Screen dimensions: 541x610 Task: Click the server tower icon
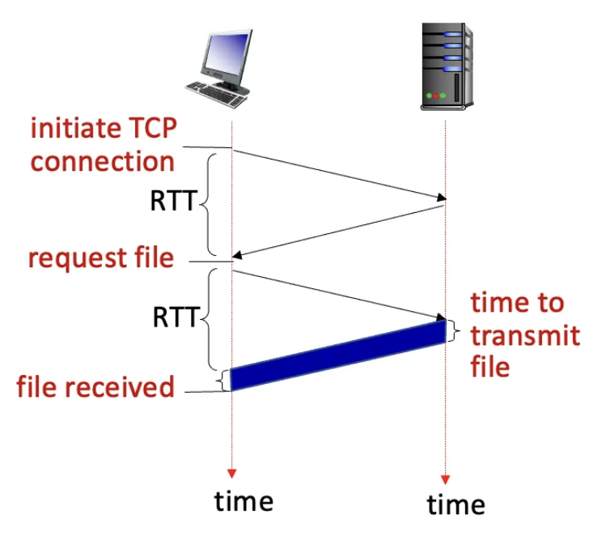tap(446, 66)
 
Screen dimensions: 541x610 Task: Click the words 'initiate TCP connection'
tap(103, 144)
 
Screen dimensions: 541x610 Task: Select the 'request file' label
tap(101, 258)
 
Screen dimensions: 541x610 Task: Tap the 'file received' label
tap(95, 386)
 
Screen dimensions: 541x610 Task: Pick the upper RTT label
tap(172, 200)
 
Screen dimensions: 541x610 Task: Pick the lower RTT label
tap(172, 317)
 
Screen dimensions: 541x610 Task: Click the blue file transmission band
tap(338, 356)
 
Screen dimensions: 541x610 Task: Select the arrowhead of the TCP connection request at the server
tap(441, 198)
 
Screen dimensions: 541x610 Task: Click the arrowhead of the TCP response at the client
tap(238, 257)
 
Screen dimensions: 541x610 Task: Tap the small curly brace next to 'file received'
tap(222, 380)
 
